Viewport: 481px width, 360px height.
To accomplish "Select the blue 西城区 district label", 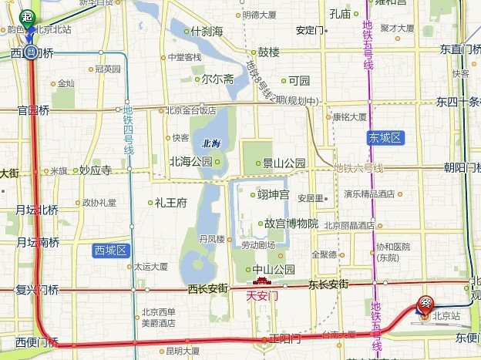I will [113, 250].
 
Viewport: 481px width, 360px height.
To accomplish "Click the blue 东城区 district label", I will [385, 137].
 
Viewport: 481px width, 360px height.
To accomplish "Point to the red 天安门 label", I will [261, 295].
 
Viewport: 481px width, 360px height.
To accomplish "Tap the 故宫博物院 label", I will [291, 224].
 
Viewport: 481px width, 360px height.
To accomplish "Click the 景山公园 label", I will [284, 163].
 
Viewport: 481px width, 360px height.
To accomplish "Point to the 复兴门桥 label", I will [37, 290].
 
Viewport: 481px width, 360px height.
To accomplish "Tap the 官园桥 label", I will [33, 110].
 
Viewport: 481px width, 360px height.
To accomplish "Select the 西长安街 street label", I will [207, 288].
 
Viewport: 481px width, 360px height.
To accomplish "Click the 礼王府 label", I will [170, 204].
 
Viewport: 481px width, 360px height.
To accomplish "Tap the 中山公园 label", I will [274, 270].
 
